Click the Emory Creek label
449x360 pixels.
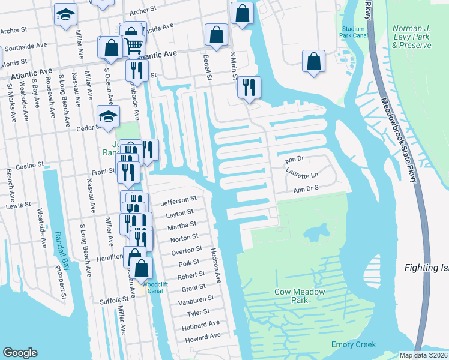(x=354, y=344)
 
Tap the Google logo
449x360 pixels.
(x=20, y=353)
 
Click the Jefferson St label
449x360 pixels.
(x=179, y=199)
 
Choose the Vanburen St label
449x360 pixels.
(x=198, y=299)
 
